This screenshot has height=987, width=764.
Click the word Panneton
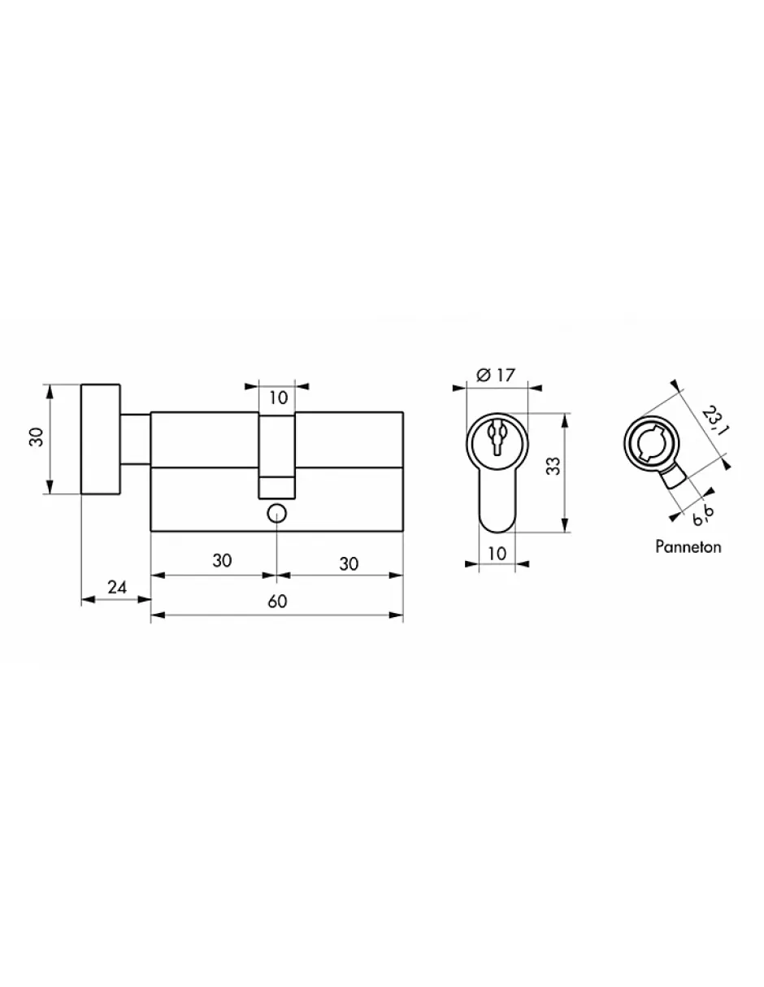688,547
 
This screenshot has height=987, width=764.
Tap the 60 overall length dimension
277,602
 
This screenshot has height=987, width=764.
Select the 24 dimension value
117,587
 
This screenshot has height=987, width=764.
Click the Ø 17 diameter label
496,375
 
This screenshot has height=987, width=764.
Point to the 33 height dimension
553,466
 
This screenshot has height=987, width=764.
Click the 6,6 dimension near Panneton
703,515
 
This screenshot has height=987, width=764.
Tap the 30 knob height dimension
37,437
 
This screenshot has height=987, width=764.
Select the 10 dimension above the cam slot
278,398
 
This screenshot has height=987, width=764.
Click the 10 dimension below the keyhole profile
497,553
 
